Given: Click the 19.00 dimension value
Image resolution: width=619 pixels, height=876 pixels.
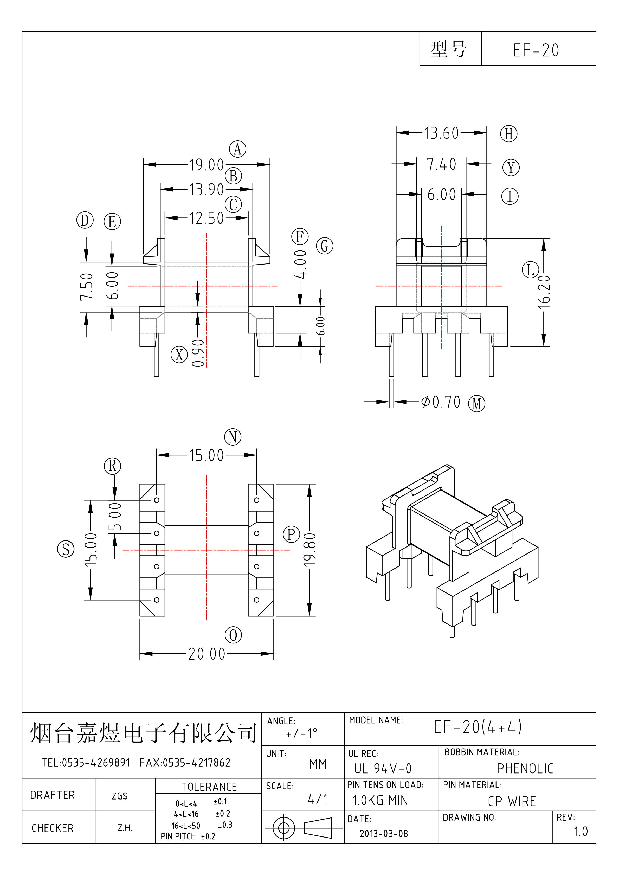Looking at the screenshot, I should pyautogui.click(x=207, y=165).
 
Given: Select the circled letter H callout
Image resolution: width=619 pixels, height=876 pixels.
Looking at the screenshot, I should pyautogui.click(x=509, y=134).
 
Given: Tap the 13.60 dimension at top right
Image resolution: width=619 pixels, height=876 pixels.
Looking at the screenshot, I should pyautogui.click(x=442, y=133).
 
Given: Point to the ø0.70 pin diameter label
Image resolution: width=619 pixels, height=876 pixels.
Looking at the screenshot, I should pyautogui.click(x=441, y=402).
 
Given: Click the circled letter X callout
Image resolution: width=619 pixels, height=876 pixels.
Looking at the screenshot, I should pyautogui.click(x=179, y=355).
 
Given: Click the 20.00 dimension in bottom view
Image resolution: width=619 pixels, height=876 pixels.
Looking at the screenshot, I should pyautogui.click(x=207, y=654).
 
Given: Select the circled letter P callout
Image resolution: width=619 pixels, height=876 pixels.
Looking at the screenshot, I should pyautogui.click(x=291, y=534).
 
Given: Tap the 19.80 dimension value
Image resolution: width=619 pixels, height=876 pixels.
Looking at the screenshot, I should pyautogui.click(x=309, y=549).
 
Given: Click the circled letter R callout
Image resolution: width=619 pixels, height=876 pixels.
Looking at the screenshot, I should pyautogui.click(x=112, y=466).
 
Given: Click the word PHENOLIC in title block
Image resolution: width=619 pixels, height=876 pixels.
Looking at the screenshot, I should pyautogui.click(x=525, y=768).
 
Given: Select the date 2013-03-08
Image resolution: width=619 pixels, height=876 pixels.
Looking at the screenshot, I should pyautogui.click(x=384, y=834).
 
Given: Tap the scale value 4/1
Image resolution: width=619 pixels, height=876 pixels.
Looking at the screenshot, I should pyautogui.click(x=318, y=799).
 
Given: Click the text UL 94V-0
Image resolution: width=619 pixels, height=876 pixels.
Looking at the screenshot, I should pyautogui.click(x=383, y=768).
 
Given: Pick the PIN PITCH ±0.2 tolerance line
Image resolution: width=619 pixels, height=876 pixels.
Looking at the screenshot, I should pyautogui.click(x=188, y=836).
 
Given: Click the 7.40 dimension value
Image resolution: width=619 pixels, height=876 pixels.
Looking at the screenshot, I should pyautogui.click(x=442, y=164).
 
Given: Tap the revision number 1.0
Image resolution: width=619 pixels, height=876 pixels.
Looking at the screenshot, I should pyautogui.click(x=581, y=832).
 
